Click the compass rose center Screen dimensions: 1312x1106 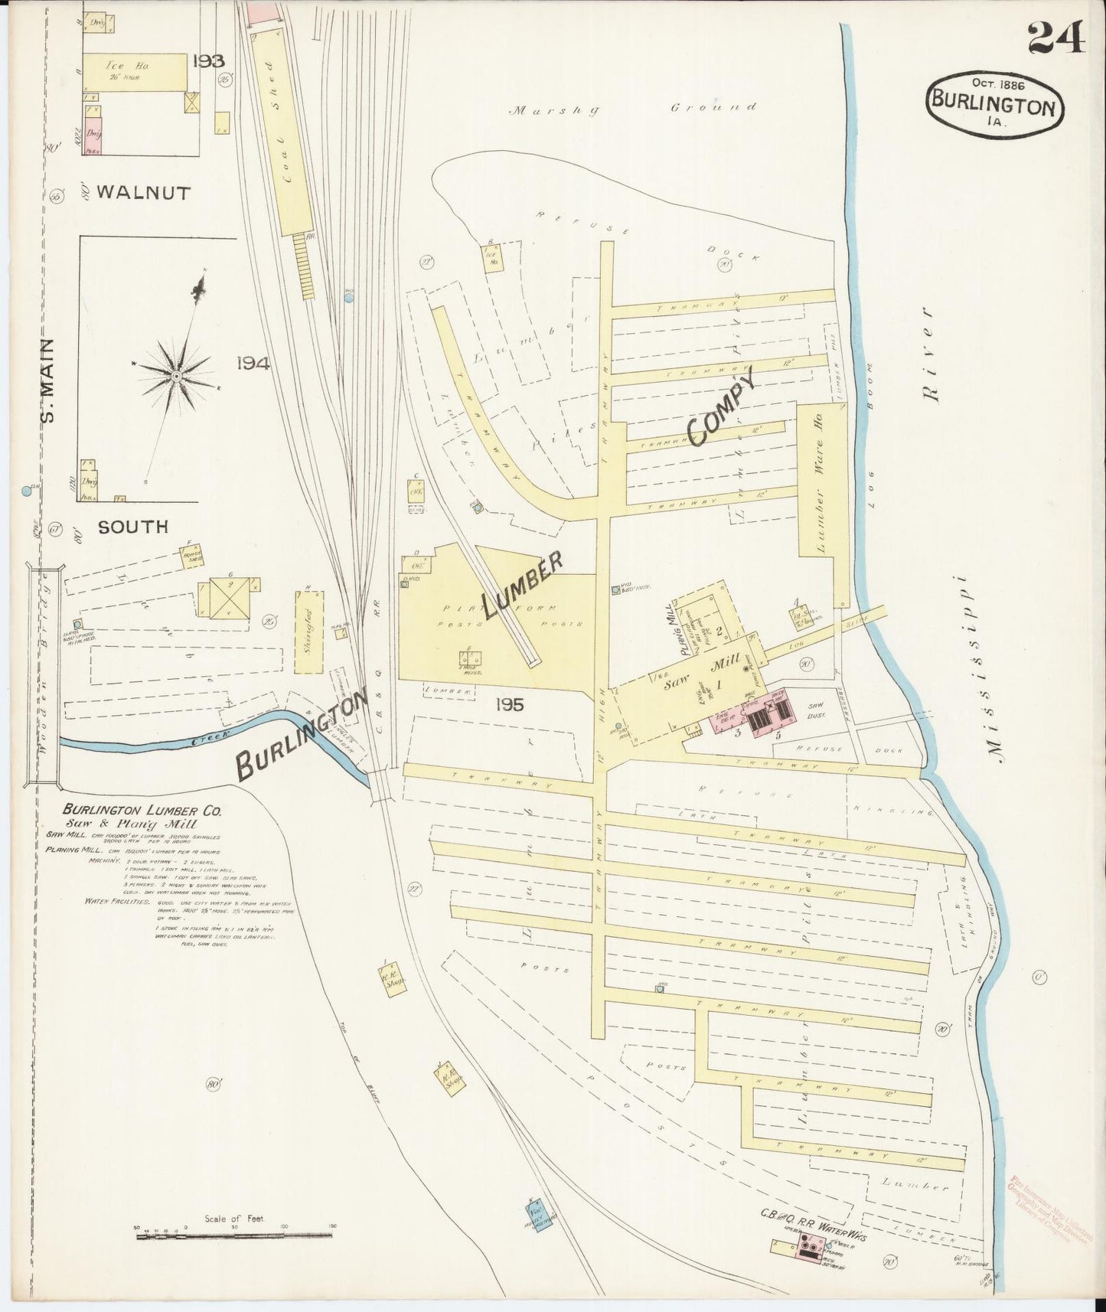coord(176,376)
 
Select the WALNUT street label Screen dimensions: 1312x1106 coord(144,193)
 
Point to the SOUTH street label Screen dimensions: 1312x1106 coord(132,527)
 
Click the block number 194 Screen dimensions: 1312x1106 coord(253,364)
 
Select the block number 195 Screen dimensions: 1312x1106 coord(509,705)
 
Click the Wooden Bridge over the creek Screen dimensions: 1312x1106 coord(43,674)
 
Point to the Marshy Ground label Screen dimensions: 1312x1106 coord(634,109)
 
